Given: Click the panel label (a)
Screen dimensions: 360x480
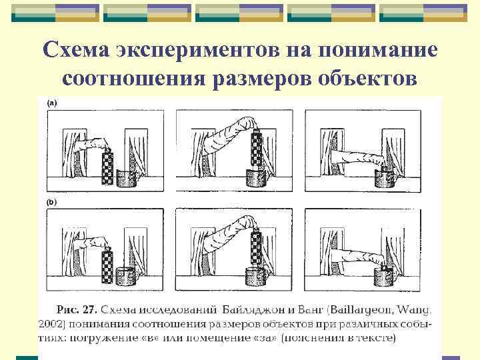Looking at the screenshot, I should (x=52, y=103).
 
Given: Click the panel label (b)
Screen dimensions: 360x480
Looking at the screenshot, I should (x=52, y=201).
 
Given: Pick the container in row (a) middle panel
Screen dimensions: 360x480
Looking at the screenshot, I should (x=256, y=178).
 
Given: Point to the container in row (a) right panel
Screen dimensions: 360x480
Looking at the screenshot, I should (x=385, y=179).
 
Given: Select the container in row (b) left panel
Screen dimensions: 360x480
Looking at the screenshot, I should (x=127, y=276).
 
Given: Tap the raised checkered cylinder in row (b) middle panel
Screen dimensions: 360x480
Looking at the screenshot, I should (x=255, y=245).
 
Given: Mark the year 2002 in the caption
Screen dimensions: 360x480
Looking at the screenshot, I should (x=51, y=324).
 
